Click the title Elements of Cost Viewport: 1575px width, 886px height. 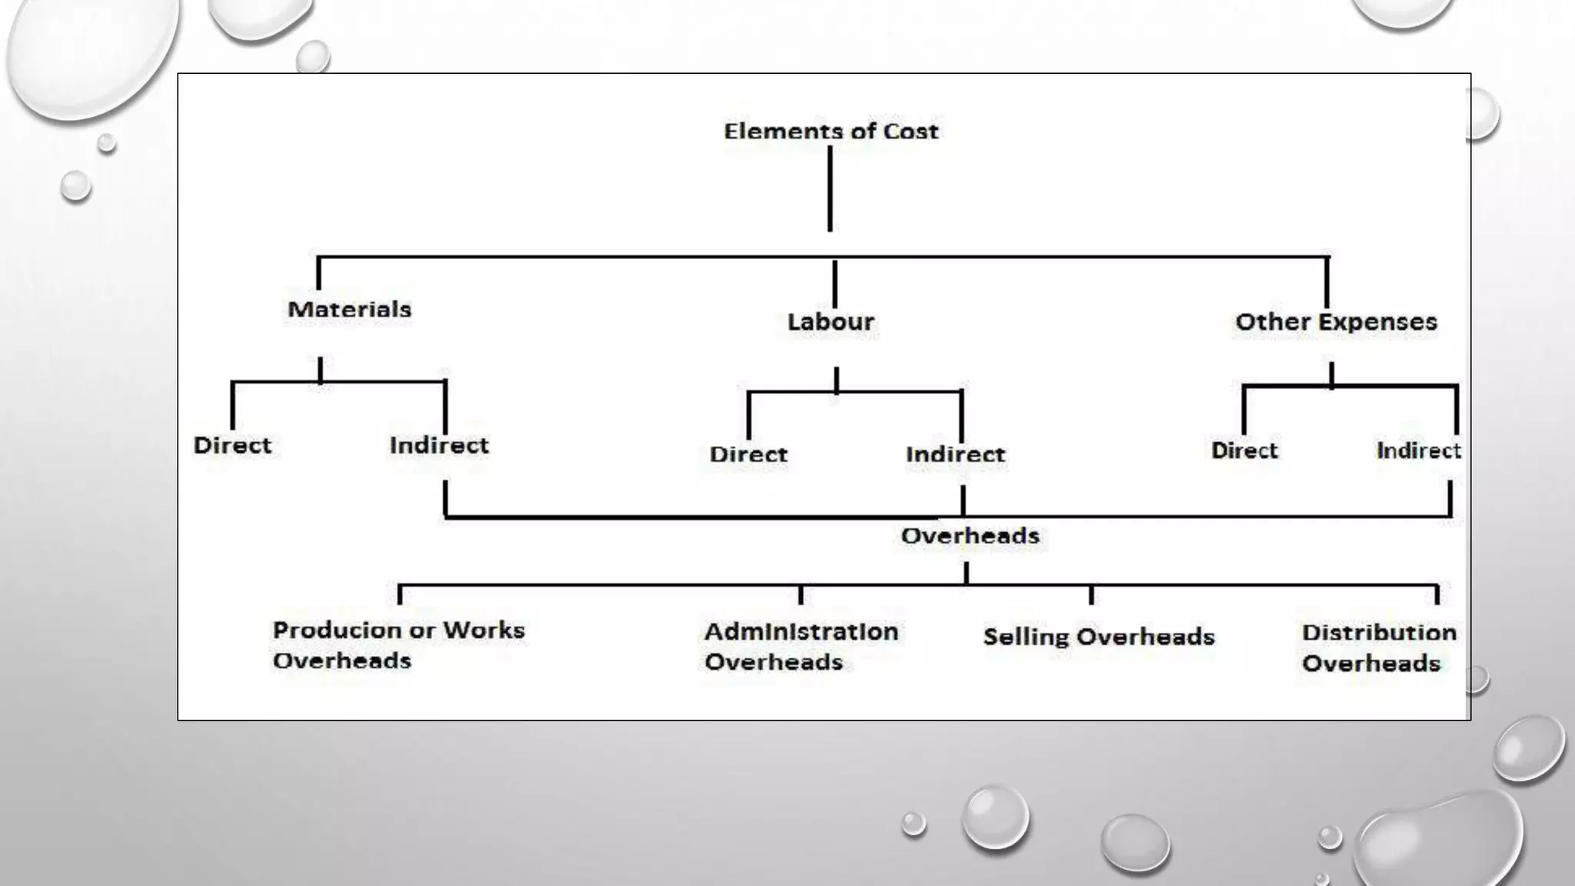831,132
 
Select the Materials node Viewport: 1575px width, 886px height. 349,309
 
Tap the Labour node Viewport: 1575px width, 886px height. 831,321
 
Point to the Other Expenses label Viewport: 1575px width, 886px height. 1336,321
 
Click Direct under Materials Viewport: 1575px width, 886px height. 232,445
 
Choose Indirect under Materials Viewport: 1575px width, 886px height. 439,445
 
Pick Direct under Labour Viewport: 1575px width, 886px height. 748,455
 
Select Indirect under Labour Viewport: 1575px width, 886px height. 955,455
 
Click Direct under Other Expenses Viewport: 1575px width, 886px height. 1244,451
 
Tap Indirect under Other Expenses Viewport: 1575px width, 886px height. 1418,451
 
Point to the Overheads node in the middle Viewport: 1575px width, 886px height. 970,536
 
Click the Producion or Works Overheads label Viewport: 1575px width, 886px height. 398,645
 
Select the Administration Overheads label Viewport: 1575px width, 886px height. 801,647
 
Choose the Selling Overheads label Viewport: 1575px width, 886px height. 1099,637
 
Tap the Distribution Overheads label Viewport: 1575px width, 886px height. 1379,648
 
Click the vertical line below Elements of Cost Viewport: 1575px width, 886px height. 830,188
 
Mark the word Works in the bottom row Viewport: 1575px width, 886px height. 484,631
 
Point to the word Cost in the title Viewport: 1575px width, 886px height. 911,132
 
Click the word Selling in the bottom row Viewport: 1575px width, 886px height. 1026,637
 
